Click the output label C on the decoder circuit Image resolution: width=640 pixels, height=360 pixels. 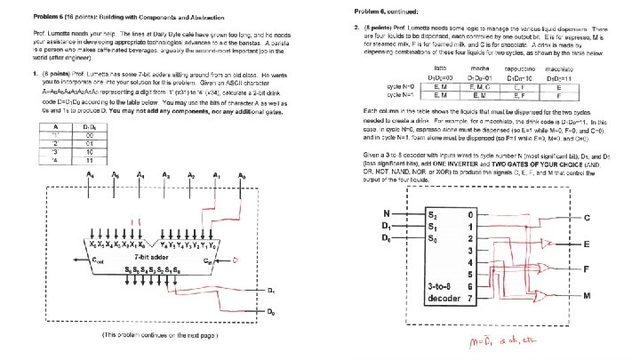click(x=588, y=218)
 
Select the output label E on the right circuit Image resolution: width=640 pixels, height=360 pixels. click(x=588, y=244)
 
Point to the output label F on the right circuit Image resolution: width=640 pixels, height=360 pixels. click(x=588, y=268)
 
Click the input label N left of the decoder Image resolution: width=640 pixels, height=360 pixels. click(x=386, y=213)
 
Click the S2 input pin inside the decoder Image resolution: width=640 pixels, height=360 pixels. click(x=433, y=214)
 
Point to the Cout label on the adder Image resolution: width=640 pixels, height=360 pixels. click(x=97, y=262)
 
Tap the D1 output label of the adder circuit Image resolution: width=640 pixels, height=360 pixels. click(x=271, y=291)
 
